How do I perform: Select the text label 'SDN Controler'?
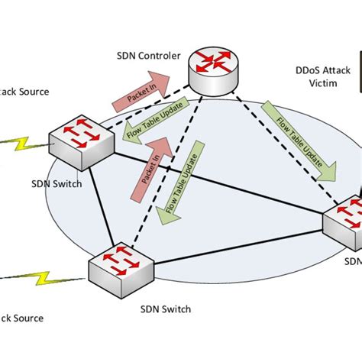(x=150, y=56)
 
